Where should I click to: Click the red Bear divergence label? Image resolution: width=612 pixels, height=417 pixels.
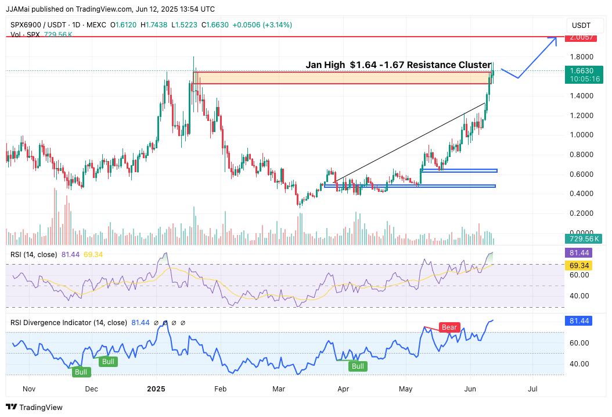[x=450, y=327]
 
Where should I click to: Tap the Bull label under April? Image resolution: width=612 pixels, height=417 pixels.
[x=358, y=366]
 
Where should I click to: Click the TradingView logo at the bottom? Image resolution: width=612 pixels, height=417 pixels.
[x=34, y=407]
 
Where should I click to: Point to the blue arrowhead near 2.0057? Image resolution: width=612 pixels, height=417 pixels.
[x=554, y=40]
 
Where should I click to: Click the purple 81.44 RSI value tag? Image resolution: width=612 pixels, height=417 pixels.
[x=581, y=253]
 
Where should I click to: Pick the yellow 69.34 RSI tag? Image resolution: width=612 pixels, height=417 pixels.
[x=581, y=265]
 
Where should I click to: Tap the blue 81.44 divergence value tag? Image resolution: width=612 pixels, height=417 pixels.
[x=581, y=321]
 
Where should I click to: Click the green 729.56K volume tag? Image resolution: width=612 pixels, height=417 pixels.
[x=584, y=238]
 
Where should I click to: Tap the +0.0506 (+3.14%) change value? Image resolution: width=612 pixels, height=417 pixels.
[x=262, y=25]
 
